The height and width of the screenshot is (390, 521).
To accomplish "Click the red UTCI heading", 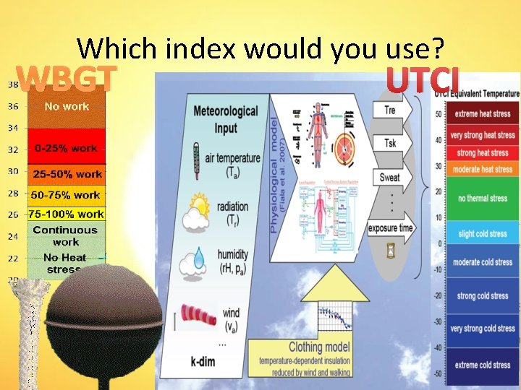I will pyautogui.click(x=423, y=80).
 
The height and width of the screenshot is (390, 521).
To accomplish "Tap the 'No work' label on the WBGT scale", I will pyautogui.click(x=67, y=106).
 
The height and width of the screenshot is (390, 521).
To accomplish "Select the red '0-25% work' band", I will pyautogui.click(x=66, y=148).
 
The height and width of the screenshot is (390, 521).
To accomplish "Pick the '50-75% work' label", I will pyautogui.click(x=66, y=195).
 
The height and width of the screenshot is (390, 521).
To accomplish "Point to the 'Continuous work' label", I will pyautogui.click(x=65, y=235).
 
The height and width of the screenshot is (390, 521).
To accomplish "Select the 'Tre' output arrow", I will pyautogui.click(x=391, y=110).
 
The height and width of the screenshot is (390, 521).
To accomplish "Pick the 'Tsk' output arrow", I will pyautogui.click(x=391, y=144).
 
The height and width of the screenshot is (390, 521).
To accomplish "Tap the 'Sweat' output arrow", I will pyautogui.click(x=391, y=178).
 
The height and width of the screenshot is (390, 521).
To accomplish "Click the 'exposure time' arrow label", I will pyautogui.click(x=391, y=228).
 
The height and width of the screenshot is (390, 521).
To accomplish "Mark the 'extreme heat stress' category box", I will pyautogui.click(x=483, y=114).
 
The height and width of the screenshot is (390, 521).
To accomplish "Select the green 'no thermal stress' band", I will pyautogui.click(x=483, y=198).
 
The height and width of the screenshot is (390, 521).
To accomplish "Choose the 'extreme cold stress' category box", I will pyautogui.click(x=483, y=365).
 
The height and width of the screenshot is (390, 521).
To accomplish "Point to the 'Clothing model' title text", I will pyautogui.click(x=310, y=347).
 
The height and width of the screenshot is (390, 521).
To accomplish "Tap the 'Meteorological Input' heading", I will pyautogui.click(x=225, y=119).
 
